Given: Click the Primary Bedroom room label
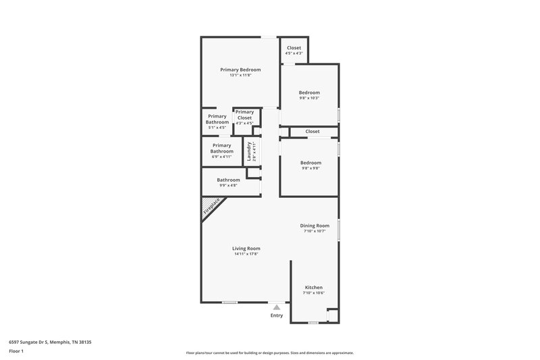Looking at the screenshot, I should (x=240, y=70).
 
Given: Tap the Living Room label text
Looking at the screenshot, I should (x=246, y=249).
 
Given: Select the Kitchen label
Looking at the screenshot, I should (x=314, y=288).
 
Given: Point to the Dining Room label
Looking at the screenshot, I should (x=315, y=226).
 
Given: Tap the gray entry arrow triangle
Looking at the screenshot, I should (x=276, y=307).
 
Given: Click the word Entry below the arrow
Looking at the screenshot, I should (x=277, y=315).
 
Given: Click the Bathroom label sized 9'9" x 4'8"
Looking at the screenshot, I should (x=228, y=180).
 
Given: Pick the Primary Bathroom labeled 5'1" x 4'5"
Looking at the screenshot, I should (x=217, y=119).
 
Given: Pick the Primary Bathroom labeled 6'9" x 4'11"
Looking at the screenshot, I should (x=221, y=148).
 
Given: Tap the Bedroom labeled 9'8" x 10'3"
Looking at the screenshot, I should (x=310, y=93).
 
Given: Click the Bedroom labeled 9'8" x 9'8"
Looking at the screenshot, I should (x=310, y=163).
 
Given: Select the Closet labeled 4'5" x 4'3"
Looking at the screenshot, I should (x=294, y=48).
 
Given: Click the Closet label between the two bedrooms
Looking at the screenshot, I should (x=312, y=131).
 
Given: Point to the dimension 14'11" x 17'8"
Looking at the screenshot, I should (x=247, y=255).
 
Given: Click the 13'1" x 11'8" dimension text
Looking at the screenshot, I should (x=240, y=75).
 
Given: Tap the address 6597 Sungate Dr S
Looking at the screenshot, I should (x=50, y=342).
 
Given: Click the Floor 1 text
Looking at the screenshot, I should (x=17, y=352).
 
